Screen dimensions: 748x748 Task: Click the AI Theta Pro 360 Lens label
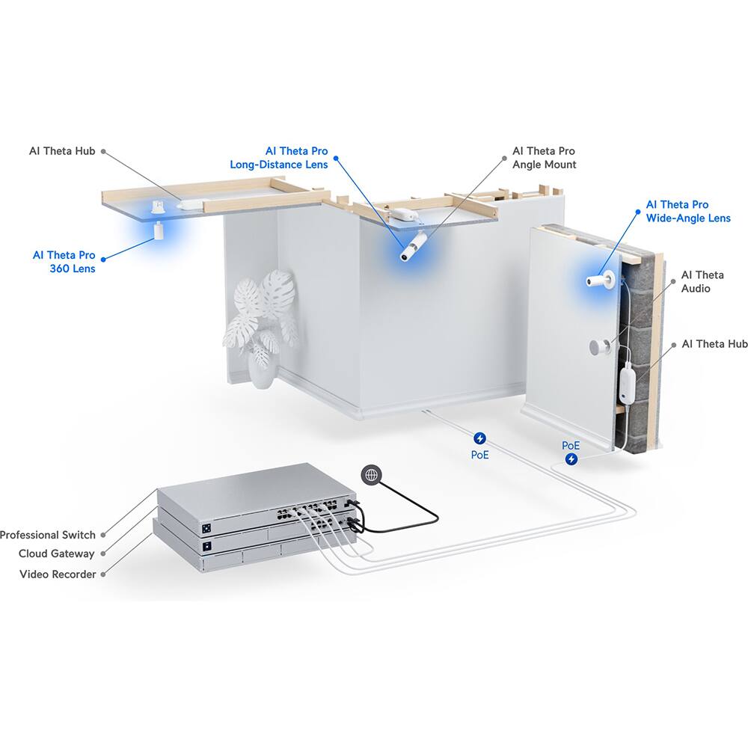[x=64, y=262]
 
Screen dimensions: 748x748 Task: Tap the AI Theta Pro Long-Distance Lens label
[x=278, y=158]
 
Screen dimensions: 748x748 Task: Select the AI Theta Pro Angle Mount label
[x=544, y=158]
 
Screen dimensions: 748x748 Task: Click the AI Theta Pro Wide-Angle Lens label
[x=688, y=211]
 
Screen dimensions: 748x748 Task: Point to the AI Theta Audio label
[x=702, y=282]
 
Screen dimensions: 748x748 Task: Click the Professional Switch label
[x=48, y=535]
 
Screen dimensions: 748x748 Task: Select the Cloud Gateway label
[x=57, y=554]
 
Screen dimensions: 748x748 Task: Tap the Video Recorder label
[x=58, y=574]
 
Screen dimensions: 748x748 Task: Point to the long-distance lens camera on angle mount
[x=414, y=246]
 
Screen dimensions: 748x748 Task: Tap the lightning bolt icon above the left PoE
[x=479, y=438]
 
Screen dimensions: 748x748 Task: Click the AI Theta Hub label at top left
[x=62, y=151]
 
